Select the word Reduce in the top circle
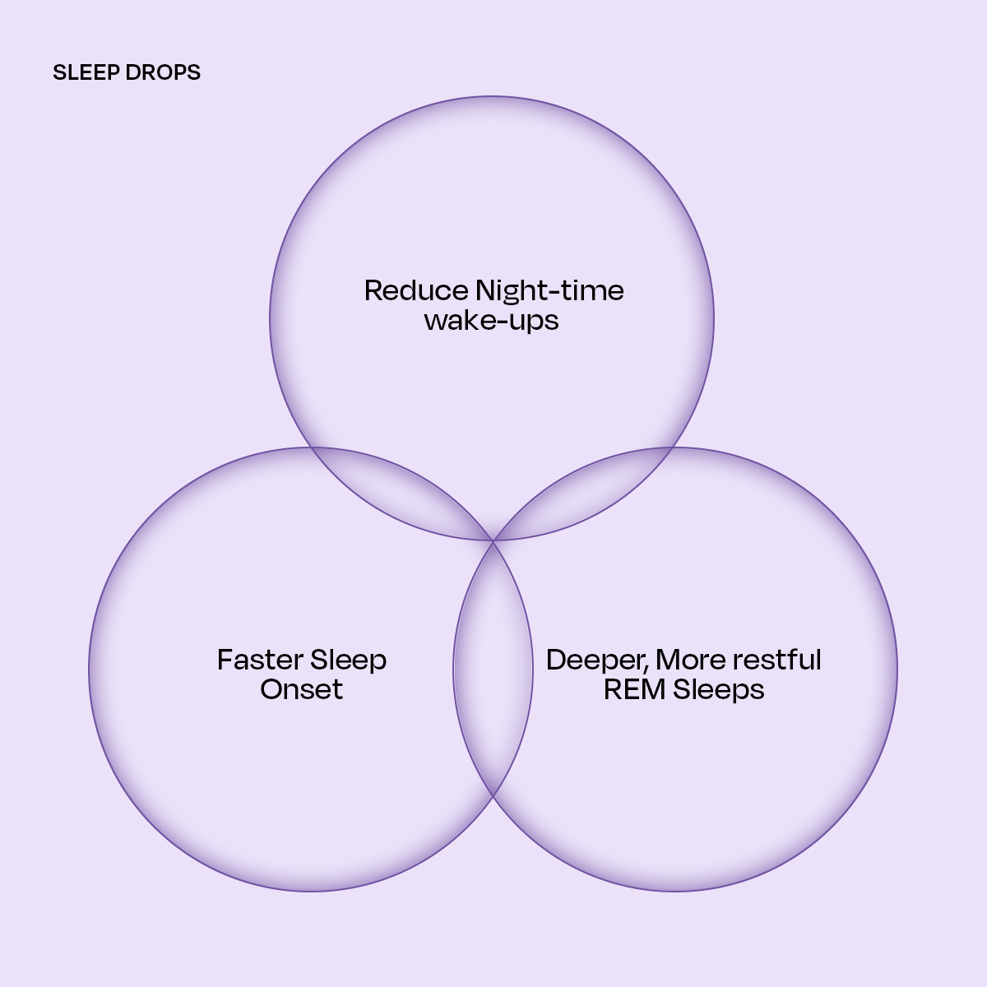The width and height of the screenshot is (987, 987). tap(416, 290)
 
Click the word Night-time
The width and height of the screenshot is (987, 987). tap(549, 290)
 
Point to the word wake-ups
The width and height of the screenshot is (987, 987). tap(492, 320)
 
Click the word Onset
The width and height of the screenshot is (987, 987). tap(301, 689)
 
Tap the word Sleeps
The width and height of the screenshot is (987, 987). tap(718, 689)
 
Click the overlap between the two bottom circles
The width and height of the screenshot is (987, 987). tap(493, 668)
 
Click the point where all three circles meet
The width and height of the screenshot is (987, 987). tap(493, 540)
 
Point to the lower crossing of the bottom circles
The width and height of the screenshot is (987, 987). tap(493, 796)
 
